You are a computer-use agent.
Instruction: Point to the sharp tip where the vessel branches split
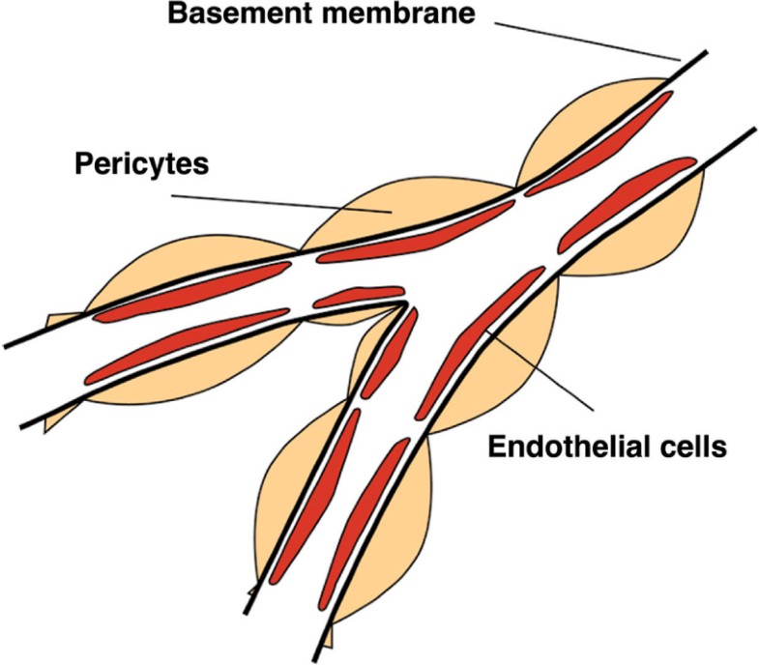tap(402, 304)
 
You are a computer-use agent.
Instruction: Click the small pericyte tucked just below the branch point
tap(367, 348)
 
